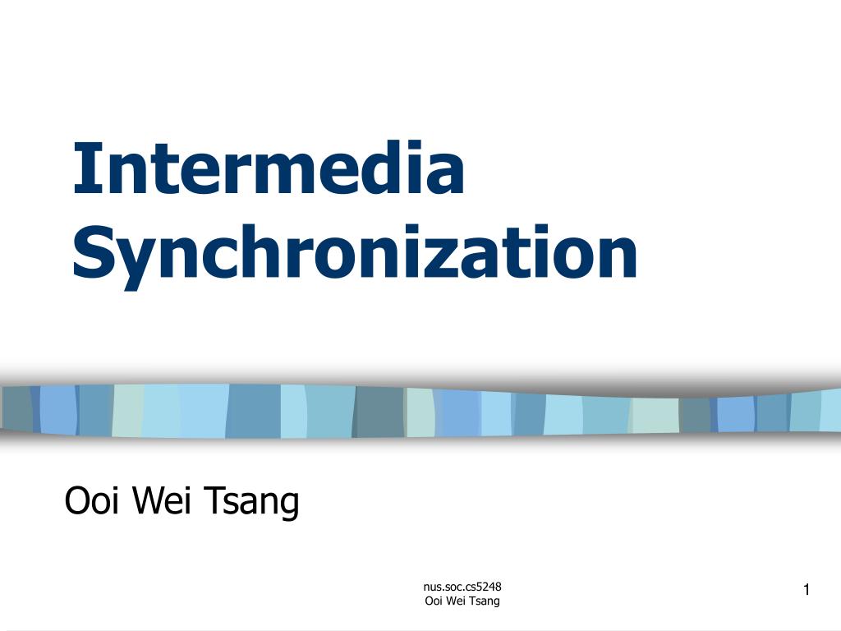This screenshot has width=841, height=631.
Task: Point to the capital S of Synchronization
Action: [92, 252]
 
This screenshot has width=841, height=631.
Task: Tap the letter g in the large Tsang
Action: [288, 508]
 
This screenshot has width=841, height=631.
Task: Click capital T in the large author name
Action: [214, 500]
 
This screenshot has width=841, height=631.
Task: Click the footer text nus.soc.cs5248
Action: [462, 587]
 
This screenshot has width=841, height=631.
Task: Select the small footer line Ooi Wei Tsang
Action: [462, 601]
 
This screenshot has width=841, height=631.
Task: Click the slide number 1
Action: [807, 590]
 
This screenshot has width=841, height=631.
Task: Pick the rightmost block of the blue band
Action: [831, 410]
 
